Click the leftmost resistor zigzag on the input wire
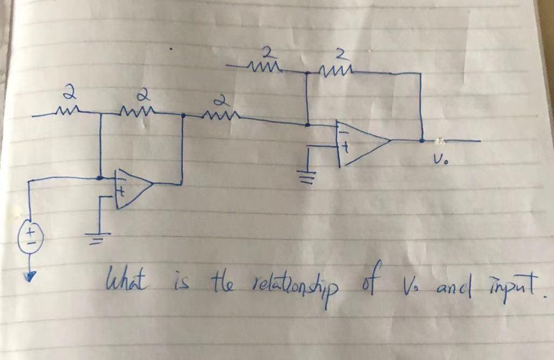click(69, 113)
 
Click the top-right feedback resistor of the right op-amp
click(337, 69)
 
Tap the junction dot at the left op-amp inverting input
click(100, 177)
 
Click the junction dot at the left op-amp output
click(183, 116)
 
